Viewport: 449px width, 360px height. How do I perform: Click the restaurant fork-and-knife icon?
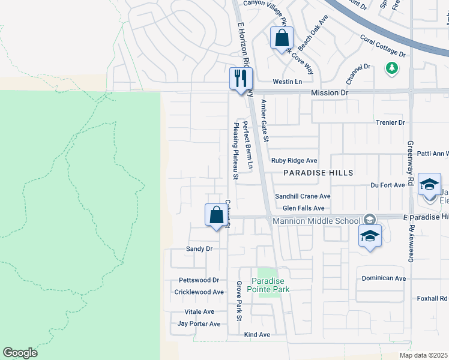point(241,78)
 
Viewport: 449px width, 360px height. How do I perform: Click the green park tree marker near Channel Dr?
point(392,68)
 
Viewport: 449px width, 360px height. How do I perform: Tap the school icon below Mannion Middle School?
point(370,236)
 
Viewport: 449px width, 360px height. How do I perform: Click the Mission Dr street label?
point(329,93)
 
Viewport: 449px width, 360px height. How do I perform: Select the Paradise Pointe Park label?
point(270,285)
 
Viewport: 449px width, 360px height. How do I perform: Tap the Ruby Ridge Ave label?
point(294,160)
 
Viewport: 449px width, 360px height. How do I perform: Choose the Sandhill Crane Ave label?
point(303,196)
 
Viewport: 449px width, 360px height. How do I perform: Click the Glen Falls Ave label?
point(303,208)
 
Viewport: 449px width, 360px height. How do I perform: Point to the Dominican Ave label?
point(384,278)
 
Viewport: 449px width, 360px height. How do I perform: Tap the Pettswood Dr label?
point(199,280)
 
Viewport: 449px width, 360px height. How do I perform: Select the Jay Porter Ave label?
point(199,324)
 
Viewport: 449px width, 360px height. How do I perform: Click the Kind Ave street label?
point(257,334)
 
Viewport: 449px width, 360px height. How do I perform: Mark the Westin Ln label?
point(286,82)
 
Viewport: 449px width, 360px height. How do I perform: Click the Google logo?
point(20,353)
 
